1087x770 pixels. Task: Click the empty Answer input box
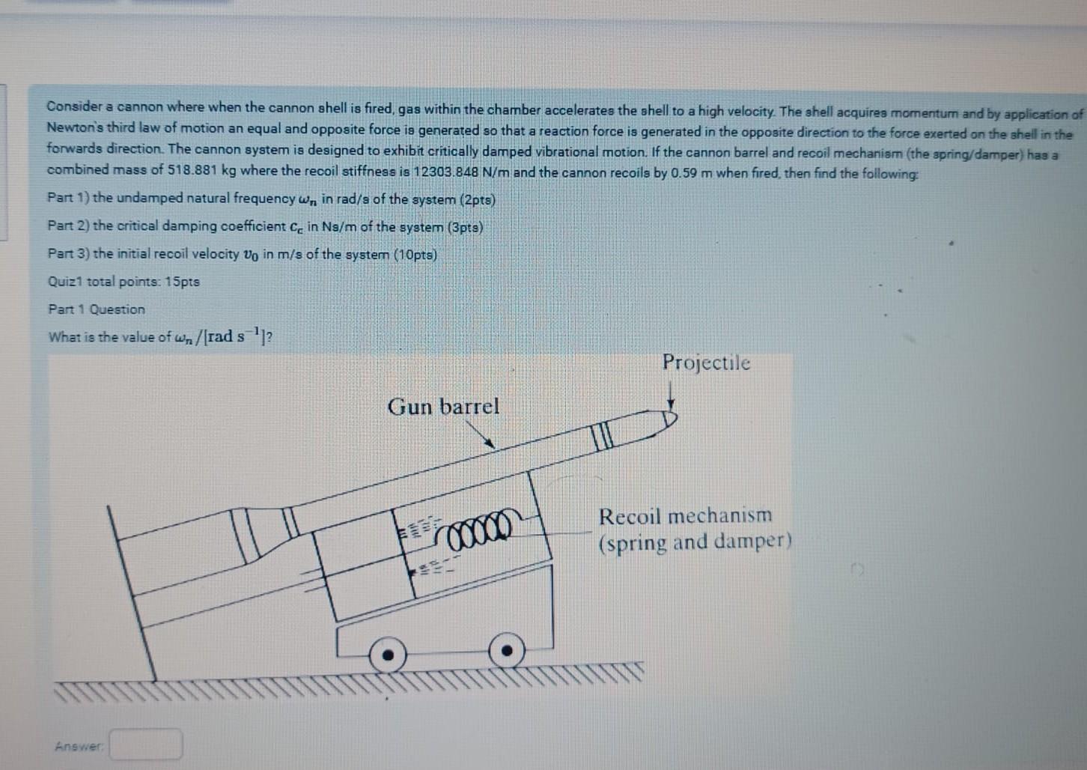146,745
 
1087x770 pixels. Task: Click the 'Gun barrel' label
443,407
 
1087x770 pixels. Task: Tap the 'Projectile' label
705,363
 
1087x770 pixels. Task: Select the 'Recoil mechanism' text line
684,516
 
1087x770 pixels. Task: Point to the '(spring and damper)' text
694,542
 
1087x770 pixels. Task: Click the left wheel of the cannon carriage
388,654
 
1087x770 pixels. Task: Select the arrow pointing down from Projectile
672,393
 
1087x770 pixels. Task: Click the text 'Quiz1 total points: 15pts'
124,282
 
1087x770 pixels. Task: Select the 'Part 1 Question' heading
97,309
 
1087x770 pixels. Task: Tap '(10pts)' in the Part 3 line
415,255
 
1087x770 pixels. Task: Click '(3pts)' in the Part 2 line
465,227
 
